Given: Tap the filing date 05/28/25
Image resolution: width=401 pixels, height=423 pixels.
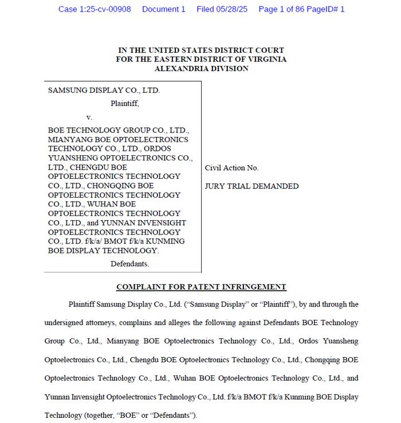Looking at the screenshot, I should point(230,9).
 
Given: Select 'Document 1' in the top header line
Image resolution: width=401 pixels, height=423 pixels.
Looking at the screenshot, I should point(164,9).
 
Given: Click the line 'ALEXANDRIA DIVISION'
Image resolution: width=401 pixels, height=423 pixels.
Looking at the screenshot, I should point(201,68).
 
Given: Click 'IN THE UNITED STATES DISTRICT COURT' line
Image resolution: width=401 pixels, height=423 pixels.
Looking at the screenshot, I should point(201,50).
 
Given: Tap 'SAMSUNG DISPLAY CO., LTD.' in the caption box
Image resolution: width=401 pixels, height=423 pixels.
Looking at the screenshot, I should point(104,91).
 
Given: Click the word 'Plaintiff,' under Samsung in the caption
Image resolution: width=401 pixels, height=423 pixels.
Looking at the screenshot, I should point(124,104).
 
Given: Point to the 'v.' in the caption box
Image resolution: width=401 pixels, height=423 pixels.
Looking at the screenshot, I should point(89,117).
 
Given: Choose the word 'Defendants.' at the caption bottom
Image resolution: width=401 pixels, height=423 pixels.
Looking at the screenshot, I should point(129,264).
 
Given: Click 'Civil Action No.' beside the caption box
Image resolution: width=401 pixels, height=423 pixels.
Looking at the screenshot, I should point(231,168).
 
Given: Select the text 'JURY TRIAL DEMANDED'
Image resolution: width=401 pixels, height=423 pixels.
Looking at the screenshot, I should point(251,186).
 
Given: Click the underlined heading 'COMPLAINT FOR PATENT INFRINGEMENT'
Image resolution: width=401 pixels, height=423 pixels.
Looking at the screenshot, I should point(201,287).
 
